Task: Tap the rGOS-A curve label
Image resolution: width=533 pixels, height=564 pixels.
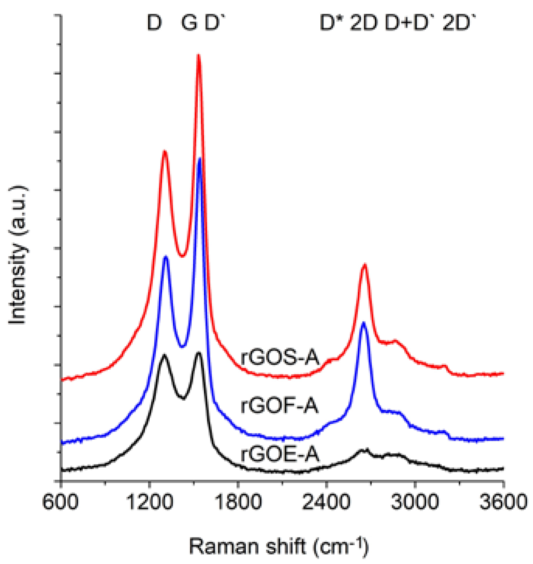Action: (x=280, y=357)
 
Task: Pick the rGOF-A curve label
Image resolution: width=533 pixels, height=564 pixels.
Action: (x=280, y=406)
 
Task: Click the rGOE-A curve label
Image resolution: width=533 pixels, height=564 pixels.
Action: (x=280, y=454)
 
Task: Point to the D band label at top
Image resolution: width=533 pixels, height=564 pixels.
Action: (x=154, y=23)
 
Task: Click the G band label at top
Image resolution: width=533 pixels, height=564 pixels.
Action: (x=189, y=23)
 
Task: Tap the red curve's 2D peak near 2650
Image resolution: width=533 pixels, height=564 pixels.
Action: (x=364, y=265)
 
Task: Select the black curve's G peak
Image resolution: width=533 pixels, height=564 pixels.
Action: (x=199, y=353)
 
